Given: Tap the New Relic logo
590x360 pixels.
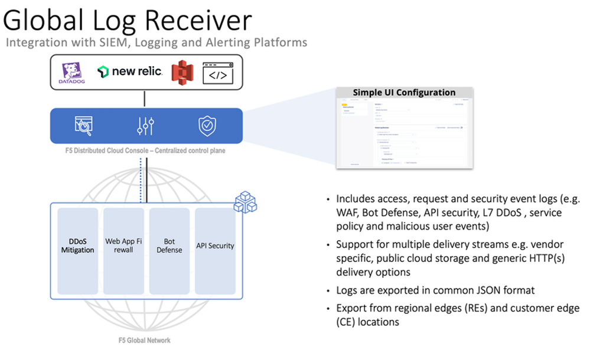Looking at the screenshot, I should tap(130, 72).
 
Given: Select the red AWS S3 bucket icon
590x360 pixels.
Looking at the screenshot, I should tap(183, 72).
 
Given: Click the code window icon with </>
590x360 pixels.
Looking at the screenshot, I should tap(217, 72).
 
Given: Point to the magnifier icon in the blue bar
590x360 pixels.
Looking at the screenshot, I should tap(84, 125).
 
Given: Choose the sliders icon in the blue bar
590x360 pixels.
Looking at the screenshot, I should tap(145, 125).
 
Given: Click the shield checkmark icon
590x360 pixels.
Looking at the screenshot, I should tap(207, 125).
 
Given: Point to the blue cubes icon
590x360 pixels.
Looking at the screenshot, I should tap(245, 202).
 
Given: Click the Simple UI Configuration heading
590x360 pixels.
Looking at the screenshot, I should tap(404, 93).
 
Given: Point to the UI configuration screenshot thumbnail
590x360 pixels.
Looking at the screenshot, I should tap(404, 133).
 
